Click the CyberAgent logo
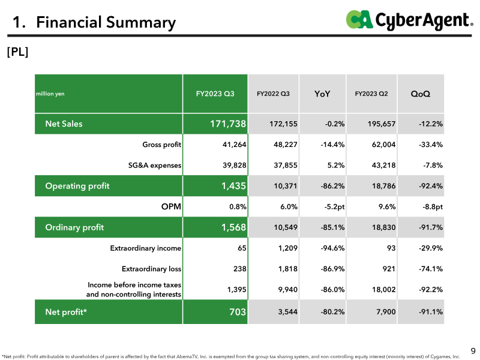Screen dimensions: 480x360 pyautogui.click(x=409, y=20)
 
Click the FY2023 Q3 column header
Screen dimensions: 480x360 pyautogui.click(x=215, y=94)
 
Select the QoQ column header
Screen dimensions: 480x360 pyautogui.click(x=421, y=94)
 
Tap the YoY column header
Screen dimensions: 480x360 pyautogui.click(x=322, y=94)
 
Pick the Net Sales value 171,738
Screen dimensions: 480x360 pyautogui.click(x=228, y=124)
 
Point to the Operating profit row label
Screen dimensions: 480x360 pyautogui.click(x=77, y=186)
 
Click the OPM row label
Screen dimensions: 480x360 pyautogui.click(x=171, y=206)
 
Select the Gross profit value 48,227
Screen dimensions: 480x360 pyautogui.click(x=286, y=145)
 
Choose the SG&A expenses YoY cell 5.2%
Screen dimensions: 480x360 pyautogui.click(x=336, y=166)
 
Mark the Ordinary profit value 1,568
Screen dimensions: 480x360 pyautogui.click(x=233, y=227)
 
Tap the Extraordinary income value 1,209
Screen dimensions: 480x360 pyautogui.click(x=288, y=248)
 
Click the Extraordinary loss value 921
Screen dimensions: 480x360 pyautogui.click(x=389, y=269)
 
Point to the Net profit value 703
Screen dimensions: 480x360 pyautogui.click(x=238, y=312)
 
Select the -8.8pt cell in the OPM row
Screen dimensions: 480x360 pyautogui.click(x=433, y=207)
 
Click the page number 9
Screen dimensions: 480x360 pyautogui.click(x=473, y=351)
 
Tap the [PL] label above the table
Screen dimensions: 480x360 pyautogui.click(x=17, y=52)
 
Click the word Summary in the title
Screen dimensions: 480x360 pyautogui.click(x=141, y=23)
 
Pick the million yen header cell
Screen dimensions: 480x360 pyautogui.click(x=50, y=94)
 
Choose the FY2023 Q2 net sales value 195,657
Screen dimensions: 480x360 pyautogui.click(x=382, y=124)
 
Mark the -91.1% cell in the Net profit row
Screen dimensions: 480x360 pyautogui.click(x=431, y=312)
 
